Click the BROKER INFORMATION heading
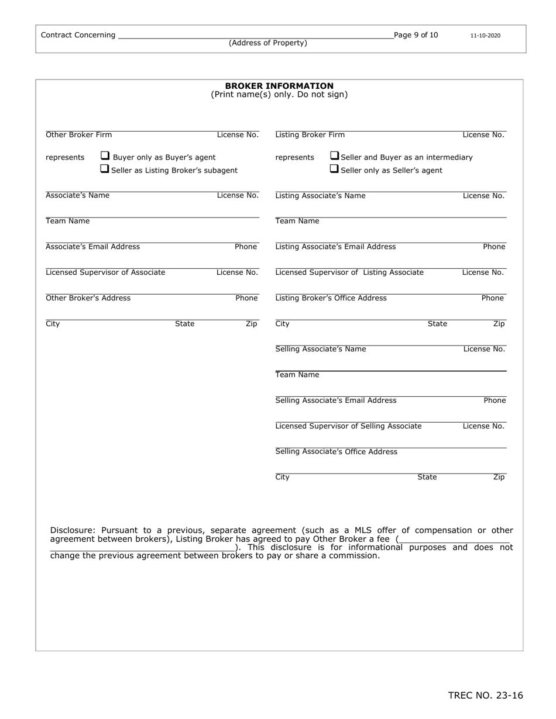279,86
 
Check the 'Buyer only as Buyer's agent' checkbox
105,156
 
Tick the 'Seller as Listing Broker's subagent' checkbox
105,169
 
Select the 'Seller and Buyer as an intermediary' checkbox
335,156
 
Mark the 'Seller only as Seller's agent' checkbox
335,169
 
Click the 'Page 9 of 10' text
416,35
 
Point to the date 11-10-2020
485,36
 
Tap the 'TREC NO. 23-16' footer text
485,695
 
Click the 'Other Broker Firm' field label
78,135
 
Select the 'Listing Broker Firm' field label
310,135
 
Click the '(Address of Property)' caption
267,43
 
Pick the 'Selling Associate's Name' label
320,349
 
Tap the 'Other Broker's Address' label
88,298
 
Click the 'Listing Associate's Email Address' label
335,247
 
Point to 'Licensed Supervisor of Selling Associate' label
348,426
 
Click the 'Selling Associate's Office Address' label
336,452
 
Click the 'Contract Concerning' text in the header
78,35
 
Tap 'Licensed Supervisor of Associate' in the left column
105,272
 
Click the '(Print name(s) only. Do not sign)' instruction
279,95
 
